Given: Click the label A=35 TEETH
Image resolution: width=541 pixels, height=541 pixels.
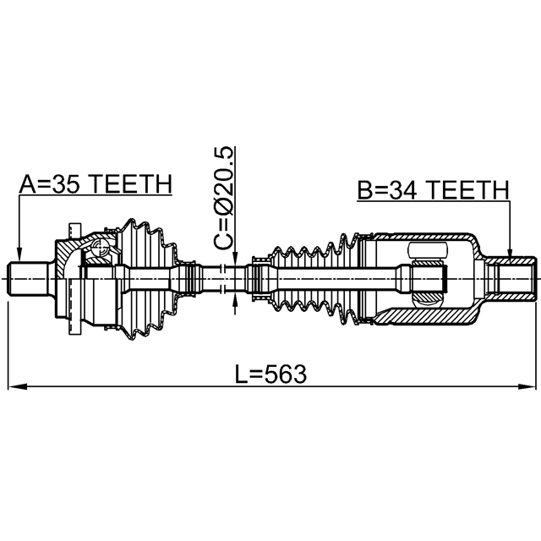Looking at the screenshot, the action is (x=96, y=184).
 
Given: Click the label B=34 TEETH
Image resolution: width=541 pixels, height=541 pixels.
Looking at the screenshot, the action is (x=434, y=189).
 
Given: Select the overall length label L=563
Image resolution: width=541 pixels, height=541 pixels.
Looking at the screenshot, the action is (x=270, y=374).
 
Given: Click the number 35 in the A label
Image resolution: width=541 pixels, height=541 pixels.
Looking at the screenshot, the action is (x=67, y=184).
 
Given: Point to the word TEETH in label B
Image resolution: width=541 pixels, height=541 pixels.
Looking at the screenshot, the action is (x=468, y=189).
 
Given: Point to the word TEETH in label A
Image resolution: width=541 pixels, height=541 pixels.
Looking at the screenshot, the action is (x=131, y=184).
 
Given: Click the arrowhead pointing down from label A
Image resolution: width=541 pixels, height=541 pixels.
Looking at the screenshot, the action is (x=19, y=254).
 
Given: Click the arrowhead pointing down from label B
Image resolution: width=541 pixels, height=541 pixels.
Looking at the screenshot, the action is (x=511, y=250).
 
